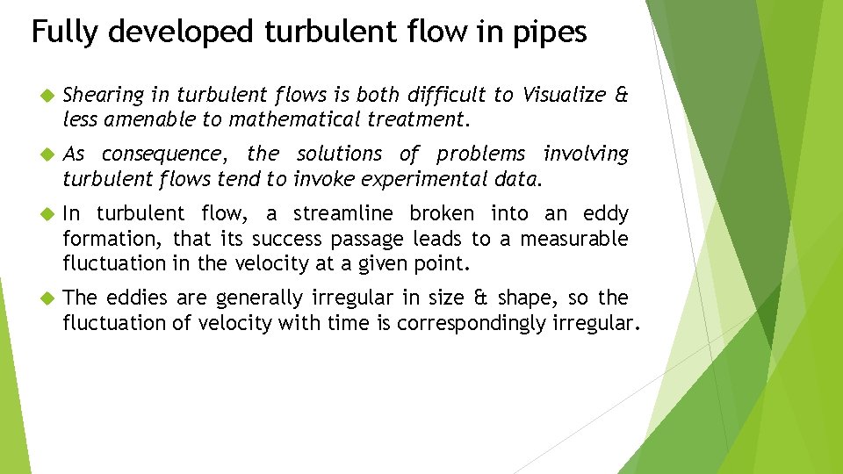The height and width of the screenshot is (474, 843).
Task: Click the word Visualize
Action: click(562, 94)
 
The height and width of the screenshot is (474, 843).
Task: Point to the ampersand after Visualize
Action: click(622, 94)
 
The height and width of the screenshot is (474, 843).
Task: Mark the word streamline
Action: click(343, 213)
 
